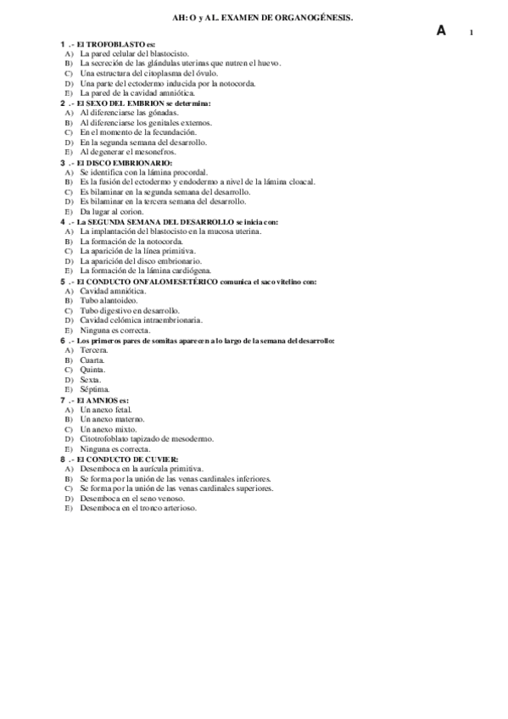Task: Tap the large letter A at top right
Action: (x=441, y=31)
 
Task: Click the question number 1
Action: (x=62, y=42)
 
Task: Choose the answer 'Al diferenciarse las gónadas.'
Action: (x=129, y=112)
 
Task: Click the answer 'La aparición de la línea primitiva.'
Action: (x=138, y=251)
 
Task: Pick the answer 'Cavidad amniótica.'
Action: (x=113, y=291)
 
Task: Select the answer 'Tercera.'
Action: (x=93, y=350)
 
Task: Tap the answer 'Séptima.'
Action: (x=95, y=389)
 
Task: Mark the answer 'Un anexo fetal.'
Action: (x=107, y=410)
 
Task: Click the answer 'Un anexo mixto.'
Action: (x=108, y=429)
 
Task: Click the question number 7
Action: (x=62, y=399)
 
